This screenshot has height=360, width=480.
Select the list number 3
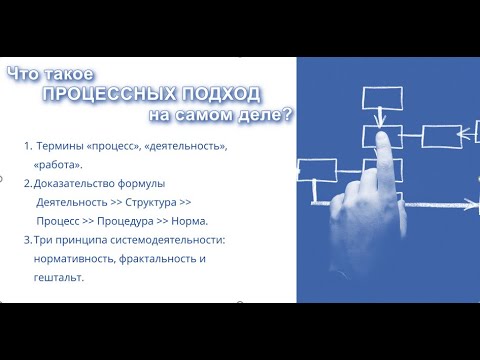pos(26,240)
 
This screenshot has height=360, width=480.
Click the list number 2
pos(26,183)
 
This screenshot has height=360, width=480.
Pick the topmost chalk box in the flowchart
pos(379,98)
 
